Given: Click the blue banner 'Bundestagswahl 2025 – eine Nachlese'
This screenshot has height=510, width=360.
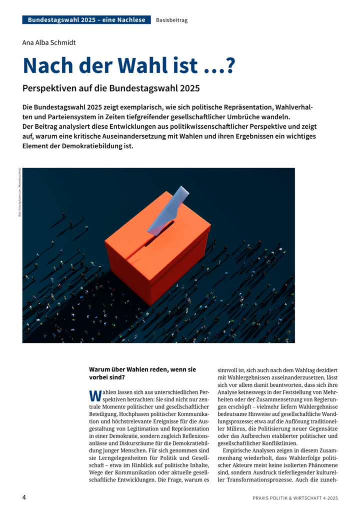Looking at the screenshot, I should coord(86,20).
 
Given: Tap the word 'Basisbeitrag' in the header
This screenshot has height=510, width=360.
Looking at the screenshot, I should coord(171,20).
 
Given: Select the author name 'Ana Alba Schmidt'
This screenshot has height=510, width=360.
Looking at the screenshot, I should coord(49,43).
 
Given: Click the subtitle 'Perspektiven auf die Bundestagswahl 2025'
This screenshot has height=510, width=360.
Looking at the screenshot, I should coord(111,89).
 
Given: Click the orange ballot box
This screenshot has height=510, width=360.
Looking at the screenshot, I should coord(155,260).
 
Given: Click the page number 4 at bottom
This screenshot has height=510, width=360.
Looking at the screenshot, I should coord(24,497).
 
